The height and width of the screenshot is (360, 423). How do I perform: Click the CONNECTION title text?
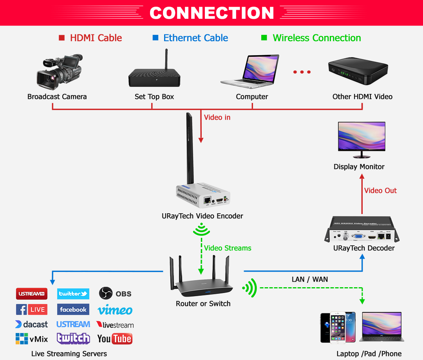click(211, 13)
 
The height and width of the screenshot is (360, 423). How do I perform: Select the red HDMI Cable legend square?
click(61, 38)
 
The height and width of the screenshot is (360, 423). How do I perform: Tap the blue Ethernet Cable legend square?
click(155, 38)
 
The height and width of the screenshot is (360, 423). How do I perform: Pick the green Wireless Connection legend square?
click(264, 38)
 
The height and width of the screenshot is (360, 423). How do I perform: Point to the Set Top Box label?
click(154, 97)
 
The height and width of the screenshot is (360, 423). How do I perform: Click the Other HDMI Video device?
click(358, 72)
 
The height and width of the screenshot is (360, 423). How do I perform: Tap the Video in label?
click(217, 117)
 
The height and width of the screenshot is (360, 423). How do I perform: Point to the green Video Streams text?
click(228, 248)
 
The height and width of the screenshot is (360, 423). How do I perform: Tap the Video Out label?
click(380, 191)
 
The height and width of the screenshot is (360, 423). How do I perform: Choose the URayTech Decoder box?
click(363, 230)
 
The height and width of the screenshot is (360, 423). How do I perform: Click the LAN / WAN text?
click(309, 279)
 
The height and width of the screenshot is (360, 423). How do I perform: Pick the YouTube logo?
click(115, 338)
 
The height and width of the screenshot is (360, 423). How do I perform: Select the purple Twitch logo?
click(73, 338)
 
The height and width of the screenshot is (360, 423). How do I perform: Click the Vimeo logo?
click(115, 310)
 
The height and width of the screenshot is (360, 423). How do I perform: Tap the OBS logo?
click(115, 293)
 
